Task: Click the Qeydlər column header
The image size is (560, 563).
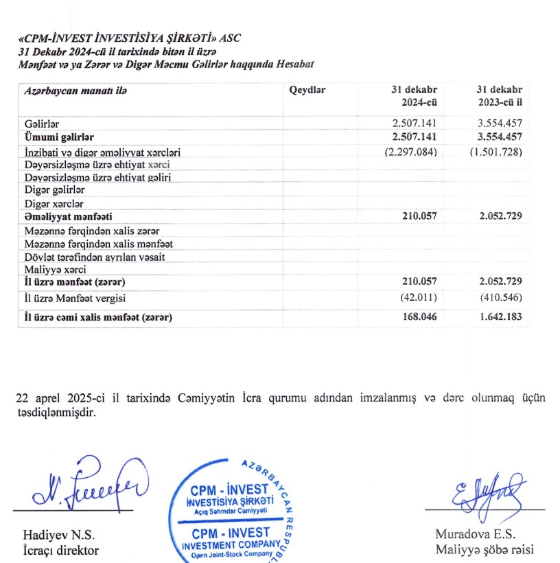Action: (307, 91)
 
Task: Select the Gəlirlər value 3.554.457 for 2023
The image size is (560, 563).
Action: (499, 123)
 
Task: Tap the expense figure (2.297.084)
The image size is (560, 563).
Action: (410, 151)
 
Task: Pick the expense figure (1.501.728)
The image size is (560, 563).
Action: (496, 151)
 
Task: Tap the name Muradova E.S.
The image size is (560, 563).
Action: (475, 534)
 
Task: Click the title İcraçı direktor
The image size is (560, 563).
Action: (61, 550)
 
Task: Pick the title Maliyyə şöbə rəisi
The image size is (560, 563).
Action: (484, 550)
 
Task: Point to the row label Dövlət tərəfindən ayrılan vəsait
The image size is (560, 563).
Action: (95, 257)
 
